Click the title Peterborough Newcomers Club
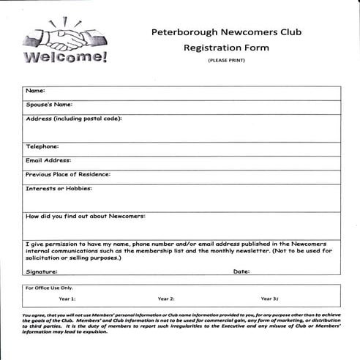(226, 32)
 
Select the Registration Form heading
(226, 48)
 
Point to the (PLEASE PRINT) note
(226, 60)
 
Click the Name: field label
(36, 91)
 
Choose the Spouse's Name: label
(49, 105)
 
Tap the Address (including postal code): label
(73, 119)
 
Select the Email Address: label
(48, 160)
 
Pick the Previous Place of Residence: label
(67, 174)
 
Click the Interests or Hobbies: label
(59, 188)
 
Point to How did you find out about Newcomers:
(86, 216)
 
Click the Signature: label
(42, 271)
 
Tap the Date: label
(241, 271)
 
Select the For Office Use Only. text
(49, 288)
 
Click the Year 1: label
(67, 299)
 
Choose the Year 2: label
(166, 299)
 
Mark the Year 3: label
(269, 299)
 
